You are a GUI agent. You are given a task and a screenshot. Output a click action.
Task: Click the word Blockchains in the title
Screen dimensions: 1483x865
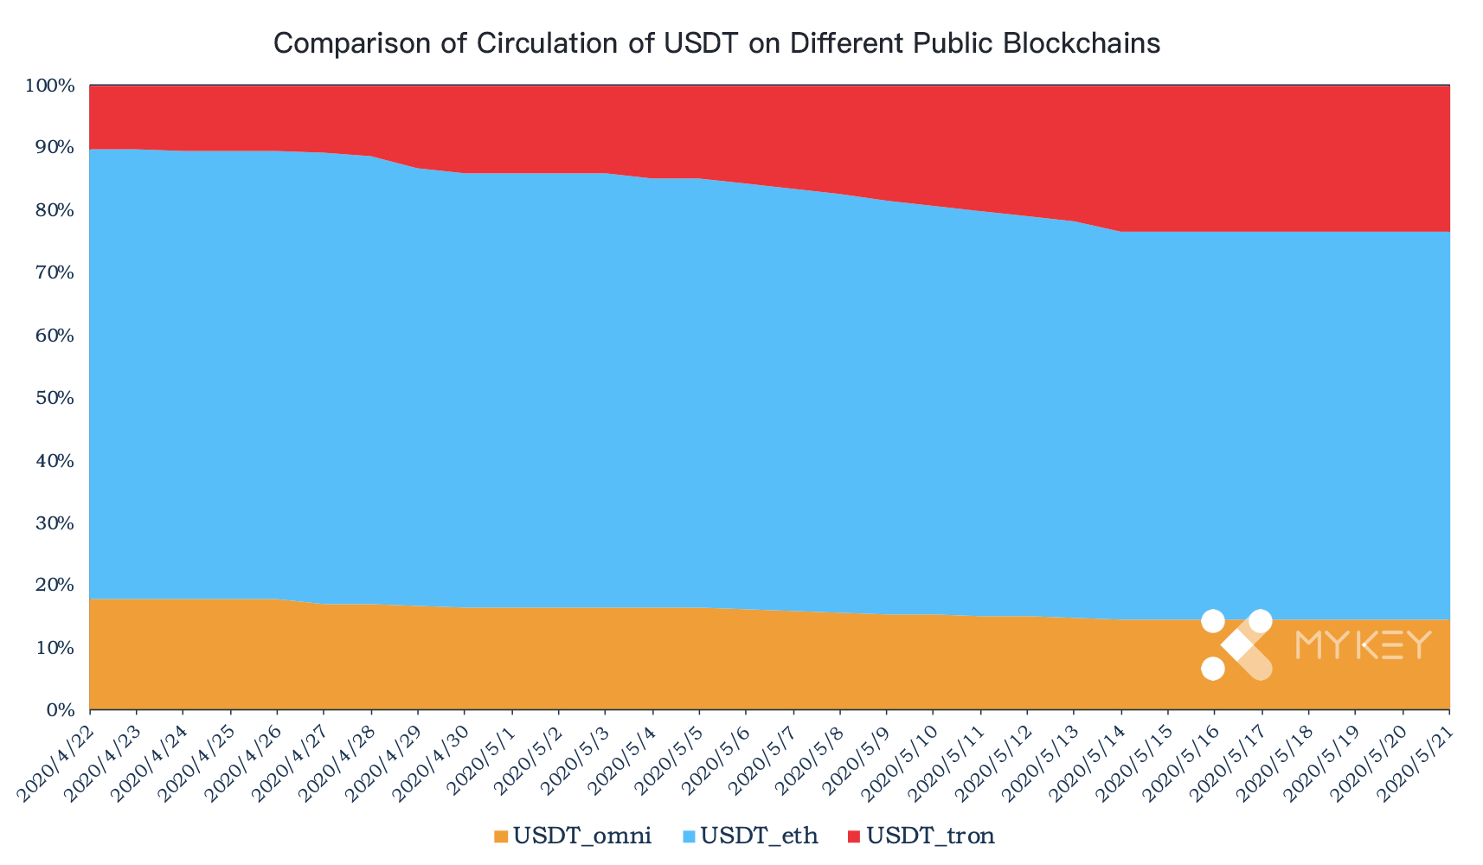pos(1082,43)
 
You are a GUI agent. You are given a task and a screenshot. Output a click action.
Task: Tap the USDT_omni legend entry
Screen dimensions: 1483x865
pos(573,836)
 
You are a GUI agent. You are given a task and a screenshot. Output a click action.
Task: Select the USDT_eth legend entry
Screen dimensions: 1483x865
pos(750,836)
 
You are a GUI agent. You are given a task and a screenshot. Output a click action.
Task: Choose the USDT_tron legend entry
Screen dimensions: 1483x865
pos(921,836)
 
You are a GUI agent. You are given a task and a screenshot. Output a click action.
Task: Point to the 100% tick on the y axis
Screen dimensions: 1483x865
pos(49,86)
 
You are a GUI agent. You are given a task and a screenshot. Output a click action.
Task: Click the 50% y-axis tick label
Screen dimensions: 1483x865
pos(55,398)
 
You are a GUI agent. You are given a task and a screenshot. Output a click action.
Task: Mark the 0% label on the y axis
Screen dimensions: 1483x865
pos(61,710)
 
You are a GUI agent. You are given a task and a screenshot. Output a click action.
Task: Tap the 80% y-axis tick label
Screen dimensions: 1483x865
pos(55,210)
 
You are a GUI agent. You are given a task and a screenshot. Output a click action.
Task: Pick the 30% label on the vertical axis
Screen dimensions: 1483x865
pos(55,522)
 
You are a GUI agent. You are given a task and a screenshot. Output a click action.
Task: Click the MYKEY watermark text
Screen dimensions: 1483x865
pos(1364,645)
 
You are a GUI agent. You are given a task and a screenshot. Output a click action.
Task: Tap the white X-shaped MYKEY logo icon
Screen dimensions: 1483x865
pos(1236,644)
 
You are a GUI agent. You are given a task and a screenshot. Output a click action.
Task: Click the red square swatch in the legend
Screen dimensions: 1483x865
pos(854,836)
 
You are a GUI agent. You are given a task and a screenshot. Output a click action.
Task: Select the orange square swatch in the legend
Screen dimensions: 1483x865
pos(500,836)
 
